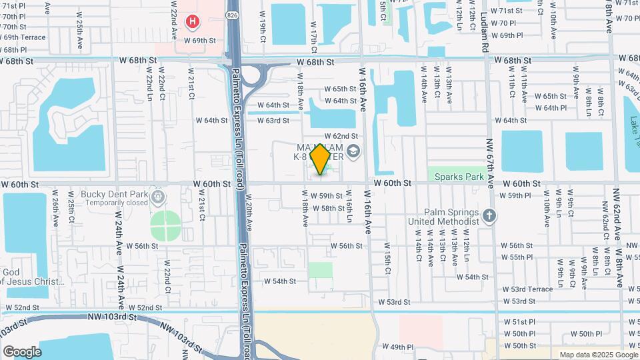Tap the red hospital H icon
pyautogui.click(x=193, y=22)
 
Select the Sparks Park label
pyautogui.click(x=459, y=177)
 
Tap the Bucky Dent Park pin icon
pyautogui.click(x=158, y=196)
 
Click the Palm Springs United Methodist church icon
pyautogui.click(x=489, y=216)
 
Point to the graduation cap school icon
pyautogui.click(x=353, y=153)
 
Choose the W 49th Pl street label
pyautogui.click(x=398, y=347)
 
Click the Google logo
pyautogui.click(x=22, y=351)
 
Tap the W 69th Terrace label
pyautogui.click(x=24, y=37)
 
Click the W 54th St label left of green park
pyautogui.click(x=279, y=281)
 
